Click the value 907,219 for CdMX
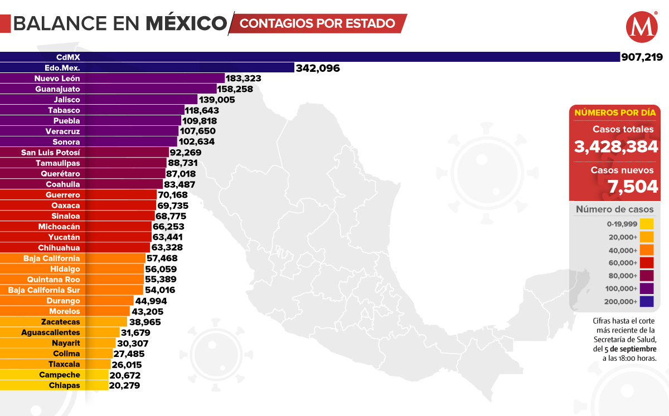642,57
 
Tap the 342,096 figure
317,68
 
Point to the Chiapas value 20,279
125,385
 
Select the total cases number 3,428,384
617,147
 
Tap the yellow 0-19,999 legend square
646,224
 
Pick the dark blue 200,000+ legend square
646,302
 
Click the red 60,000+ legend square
646,263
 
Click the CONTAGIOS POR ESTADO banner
318,23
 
